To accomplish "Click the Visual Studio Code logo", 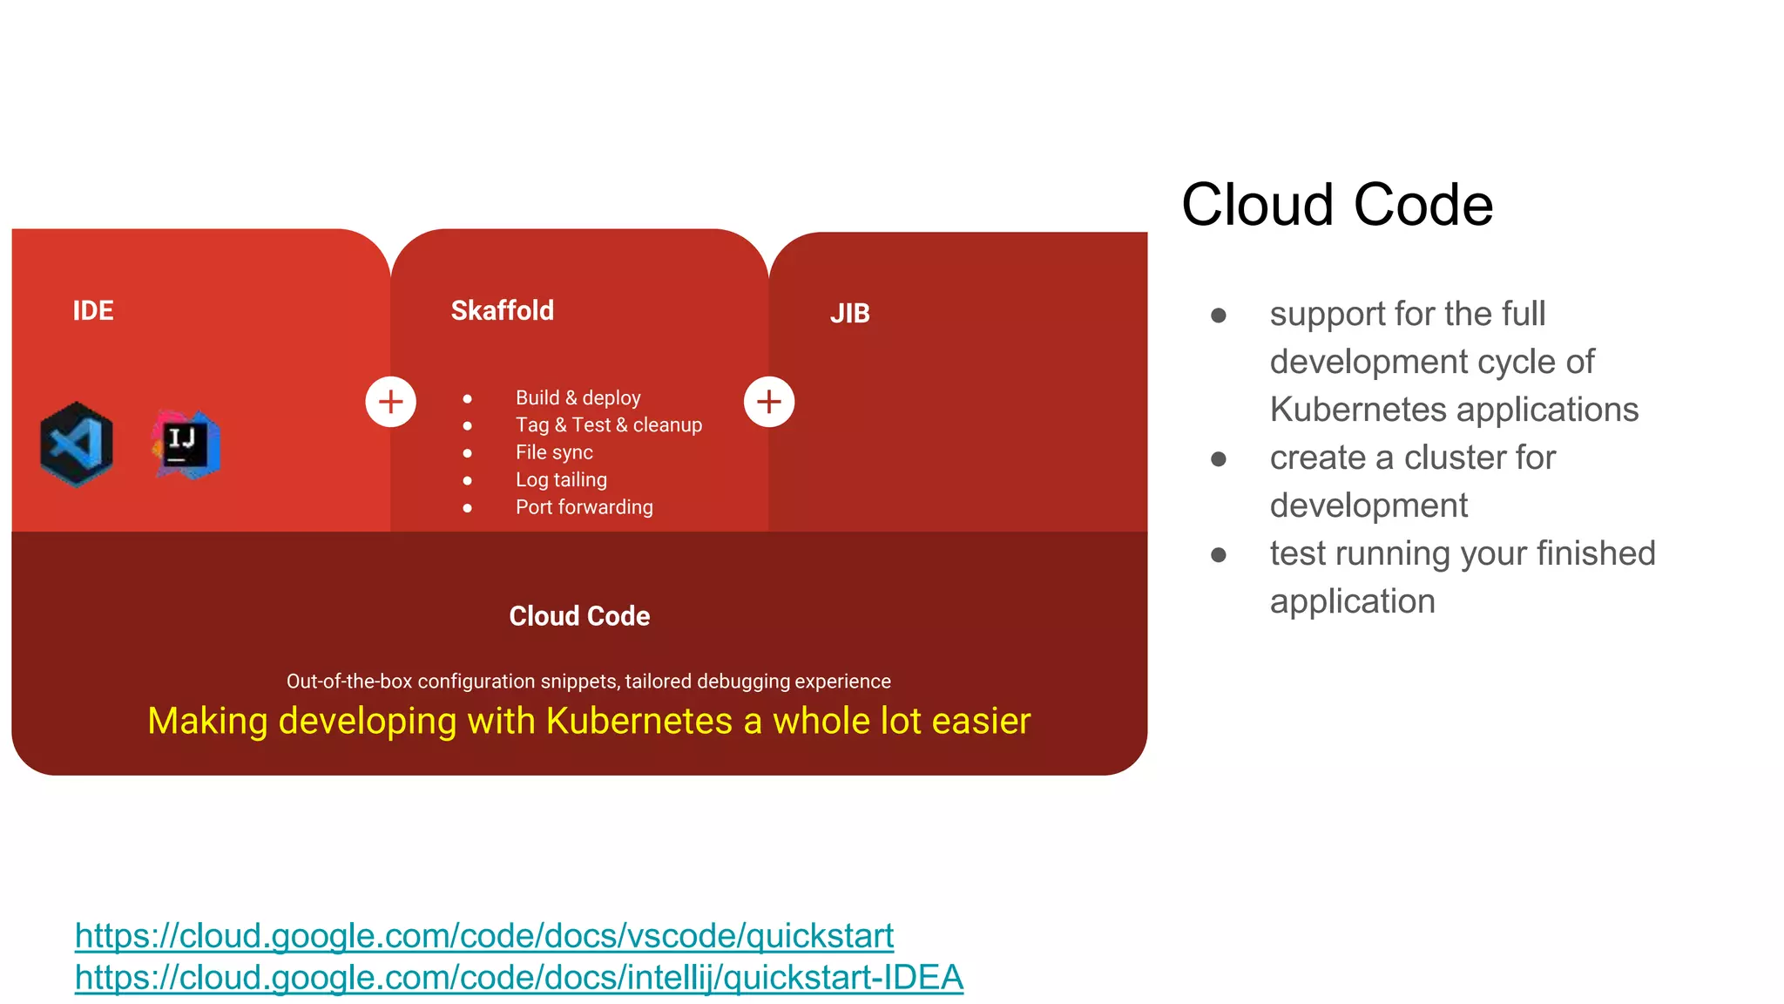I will coord(77,444).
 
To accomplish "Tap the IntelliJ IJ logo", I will coord(186,444).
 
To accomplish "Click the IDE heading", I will coord(92,310).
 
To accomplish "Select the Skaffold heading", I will coord(502,310).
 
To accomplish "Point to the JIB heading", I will coord(849,314).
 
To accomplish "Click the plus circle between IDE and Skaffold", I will coord(390,402).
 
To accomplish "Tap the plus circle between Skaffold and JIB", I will coord(768,402).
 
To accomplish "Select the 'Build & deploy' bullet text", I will coord(578,397).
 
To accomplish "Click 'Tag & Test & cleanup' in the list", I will coord(608,425).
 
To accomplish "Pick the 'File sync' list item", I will coord(553,452).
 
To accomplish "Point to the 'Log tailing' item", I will coord(561,480).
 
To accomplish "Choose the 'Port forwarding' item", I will coord(584,507).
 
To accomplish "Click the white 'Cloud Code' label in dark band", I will coord(579,616).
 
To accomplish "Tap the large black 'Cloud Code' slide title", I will coord(1336,206).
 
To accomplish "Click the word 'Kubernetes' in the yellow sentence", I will coord(639,722).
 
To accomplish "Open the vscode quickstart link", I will coord(483,936).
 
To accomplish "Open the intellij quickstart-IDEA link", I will coord(518,978).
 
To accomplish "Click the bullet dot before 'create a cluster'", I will coord(1219,458).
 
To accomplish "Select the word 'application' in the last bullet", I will coord(1352,601).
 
